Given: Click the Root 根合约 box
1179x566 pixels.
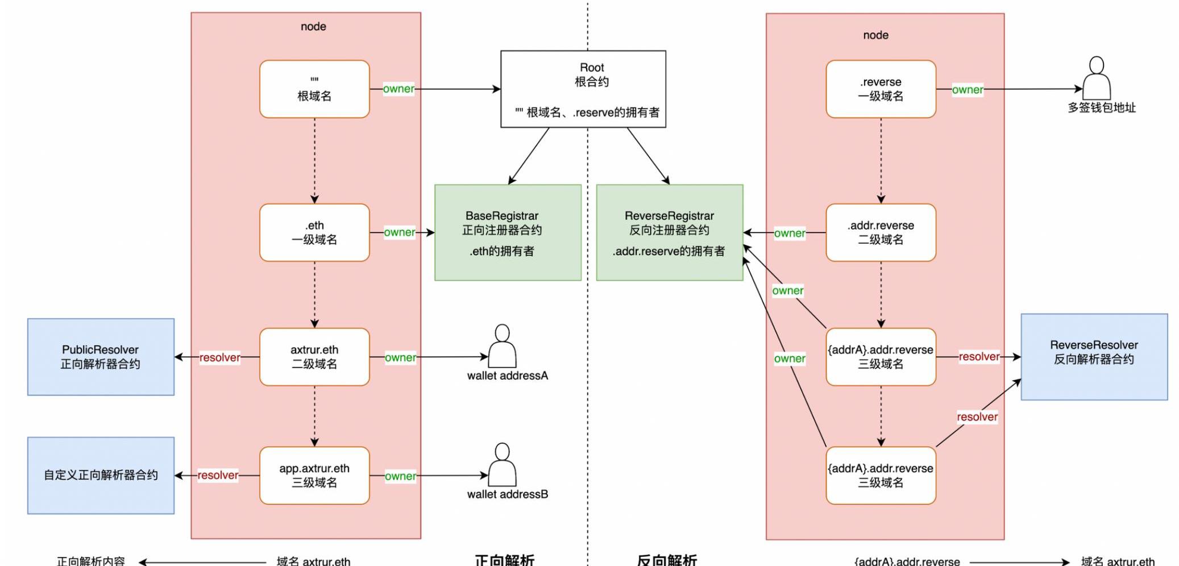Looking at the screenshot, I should [583, 89].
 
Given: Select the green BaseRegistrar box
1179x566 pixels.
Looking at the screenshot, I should [508, 232].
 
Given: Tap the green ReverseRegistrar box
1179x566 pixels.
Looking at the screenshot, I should [669, 232].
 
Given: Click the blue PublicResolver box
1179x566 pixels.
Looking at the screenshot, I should [101, 357].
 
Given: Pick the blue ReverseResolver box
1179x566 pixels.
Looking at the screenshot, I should [1094, 357].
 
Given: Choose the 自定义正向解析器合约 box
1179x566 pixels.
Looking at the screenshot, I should [101, 475].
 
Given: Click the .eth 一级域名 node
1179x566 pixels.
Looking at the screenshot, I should [314, 232].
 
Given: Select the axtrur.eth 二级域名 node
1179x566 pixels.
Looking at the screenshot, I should [314, 357].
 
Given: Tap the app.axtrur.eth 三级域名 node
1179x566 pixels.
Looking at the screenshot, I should [314, 475].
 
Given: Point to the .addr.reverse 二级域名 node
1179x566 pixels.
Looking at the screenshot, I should [881, 232].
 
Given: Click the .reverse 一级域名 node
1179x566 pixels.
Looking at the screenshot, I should [881, 89].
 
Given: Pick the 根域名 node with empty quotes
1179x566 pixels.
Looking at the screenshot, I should [314, 89].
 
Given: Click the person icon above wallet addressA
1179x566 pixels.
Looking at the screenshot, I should [502, 346].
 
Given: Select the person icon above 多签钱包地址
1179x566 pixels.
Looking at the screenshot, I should [1097, 78].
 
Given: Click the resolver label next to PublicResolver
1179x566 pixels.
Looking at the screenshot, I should [219, 357].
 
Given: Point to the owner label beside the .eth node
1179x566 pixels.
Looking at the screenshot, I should [400, 232].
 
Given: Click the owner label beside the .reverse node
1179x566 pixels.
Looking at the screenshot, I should [968, 90].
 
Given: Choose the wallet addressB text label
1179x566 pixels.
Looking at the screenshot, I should [508, 494].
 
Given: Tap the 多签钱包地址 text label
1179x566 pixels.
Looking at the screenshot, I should [1101, 108].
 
